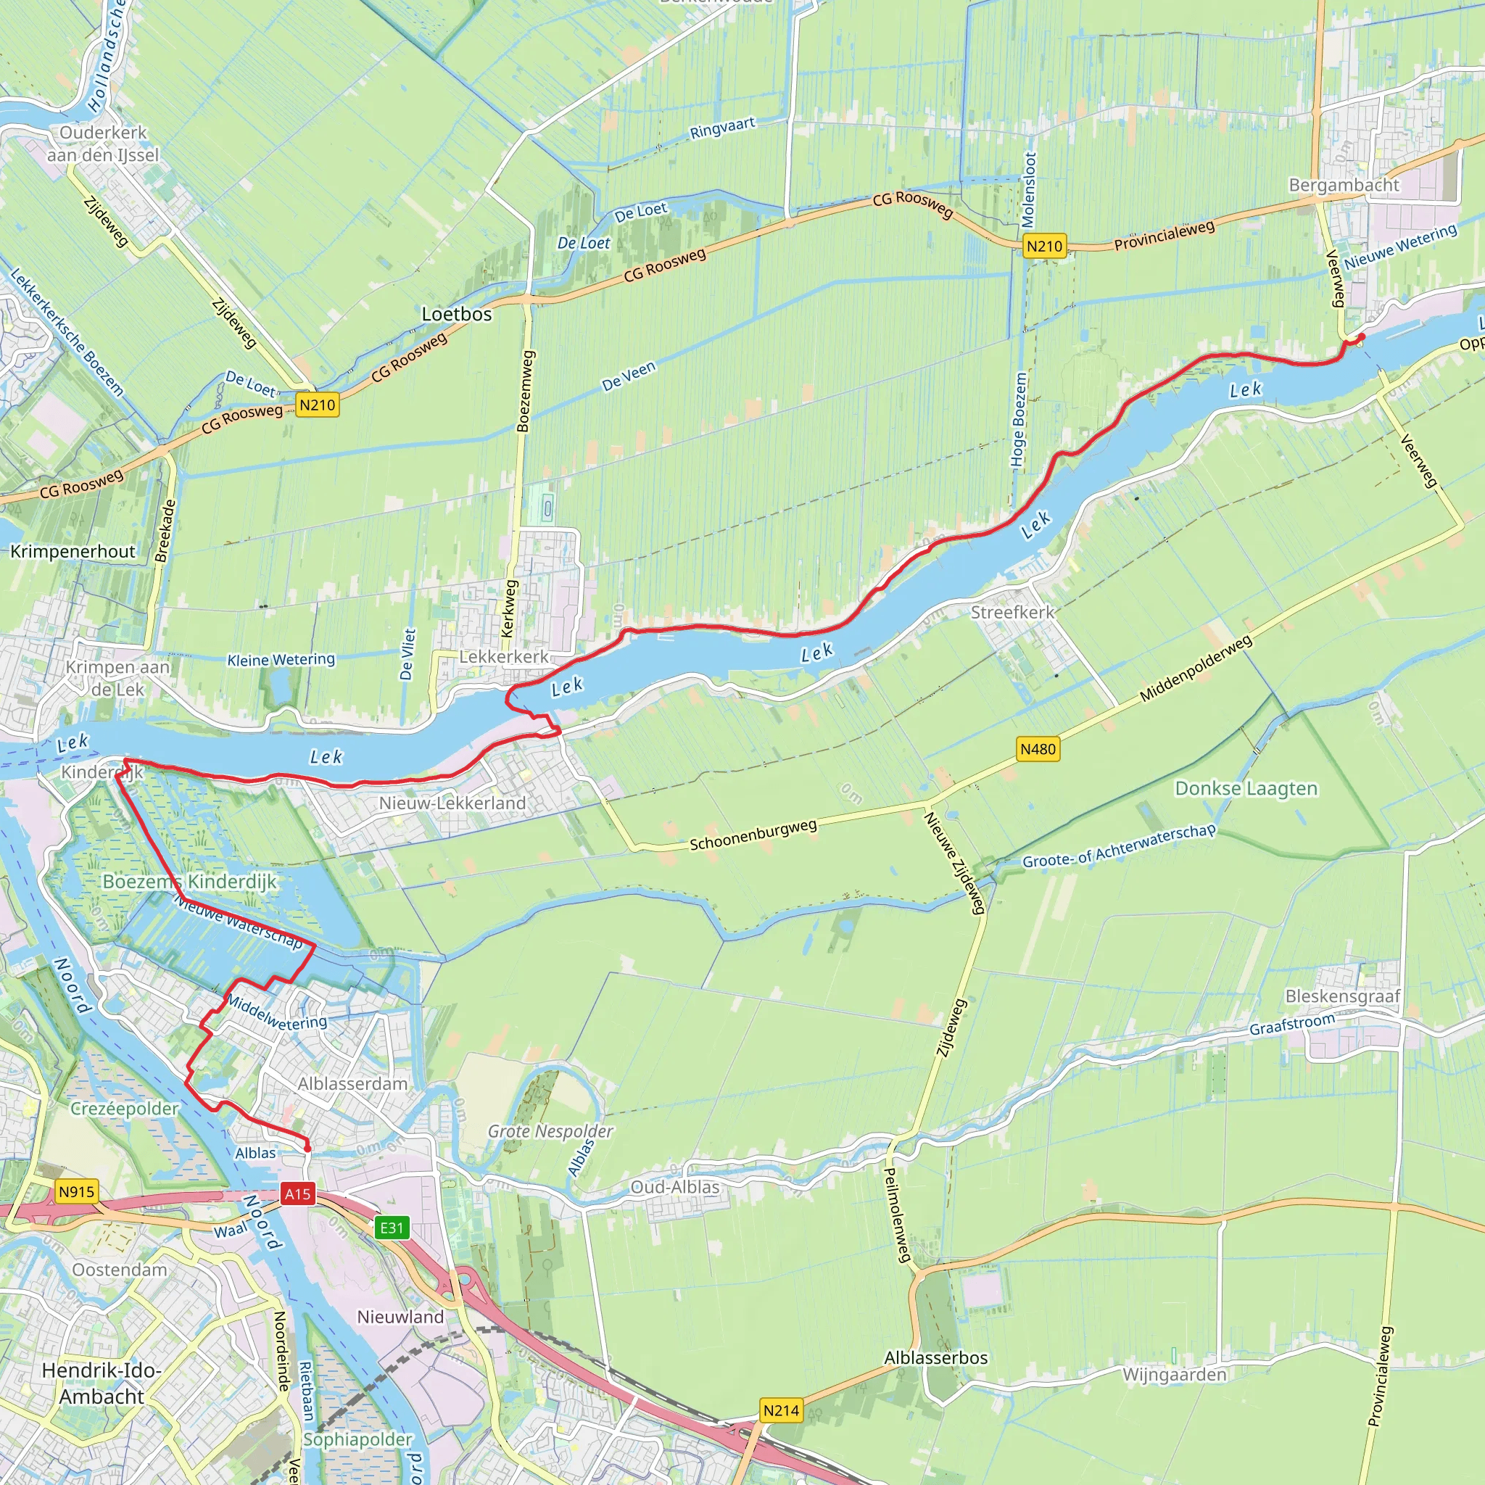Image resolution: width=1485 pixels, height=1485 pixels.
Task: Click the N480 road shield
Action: click(x=1038, y=748)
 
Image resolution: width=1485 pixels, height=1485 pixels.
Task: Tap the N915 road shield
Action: click(x=76, y=1192)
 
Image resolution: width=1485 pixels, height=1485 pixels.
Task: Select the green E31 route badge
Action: click(x=392, y=1228)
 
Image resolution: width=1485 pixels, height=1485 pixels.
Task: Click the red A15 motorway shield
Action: click(x=297, y=1194)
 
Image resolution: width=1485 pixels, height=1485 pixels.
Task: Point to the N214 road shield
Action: click(x=781, y=1410)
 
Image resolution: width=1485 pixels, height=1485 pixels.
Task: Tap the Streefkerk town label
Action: click(x=1012, y=613)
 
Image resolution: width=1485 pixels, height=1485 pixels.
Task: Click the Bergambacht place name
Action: click(x=1344, y=185)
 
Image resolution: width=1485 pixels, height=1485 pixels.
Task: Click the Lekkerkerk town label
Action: click(x=504, y=656)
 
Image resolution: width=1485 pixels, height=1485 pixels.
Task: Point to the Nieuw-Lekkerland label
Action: click(x=452, y=803)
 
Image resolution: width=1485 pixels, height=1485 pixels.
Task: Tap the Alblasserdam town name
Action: click(x=353, y=1084)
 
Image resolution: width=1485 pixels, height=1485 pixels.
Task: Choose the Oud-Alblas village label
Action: click(x=675, y=1187)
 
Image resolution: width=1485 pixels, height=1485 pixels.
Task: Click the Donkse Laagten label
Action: click(x=1246, y=789)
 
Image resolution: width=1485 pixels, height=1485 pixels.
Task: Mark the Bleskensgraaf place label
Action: click(x=1343, y=996)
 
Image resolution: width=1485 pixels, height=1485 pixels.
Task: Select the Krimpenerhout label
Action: click(x=73, y=551)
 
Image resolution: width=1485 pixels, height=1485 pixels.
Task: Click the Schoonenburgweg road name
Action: click(x=753, y=835)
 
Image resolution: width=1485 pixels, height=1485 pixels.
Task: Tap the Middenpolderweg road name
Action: click(x=1195, y=669)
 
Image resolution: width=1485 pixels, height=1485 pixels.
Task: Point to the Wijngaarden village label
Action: click(x=1175, y=1374)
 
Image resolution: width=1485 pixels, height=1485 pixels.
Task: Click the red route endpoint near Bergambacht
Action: click(x=1361, y=336)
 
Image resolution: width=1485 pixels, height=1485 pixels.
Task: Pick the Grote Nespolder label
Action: click(x=550, y=1131)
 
